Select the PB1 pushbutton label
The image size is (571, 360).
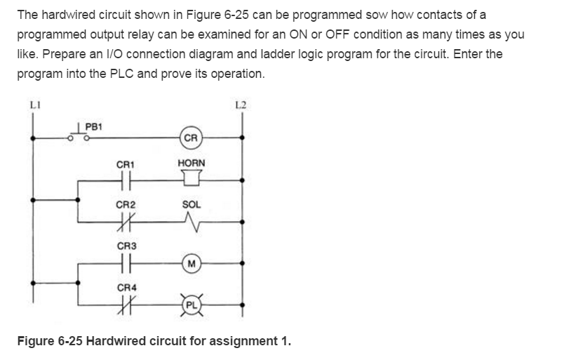tap(93, 126)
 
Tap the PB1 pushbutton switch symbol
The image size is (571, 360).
tap(77, 136)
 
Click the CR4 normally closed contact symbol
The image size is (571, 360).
tap(127, 302)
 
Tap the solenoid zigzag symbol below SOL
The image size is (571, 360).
tap(192, 222)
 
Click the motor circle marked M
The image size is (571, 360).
tap(192, 262)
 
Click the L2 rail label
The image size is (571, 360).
tap(242, 106)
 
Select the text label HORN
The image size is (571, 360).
tap(192, 164)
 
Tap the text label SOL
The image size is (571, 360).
tap(192, 204)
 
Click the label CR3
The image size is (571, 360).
tap(127, 246)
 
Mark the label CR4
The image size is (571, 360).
tap(127, 287)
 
